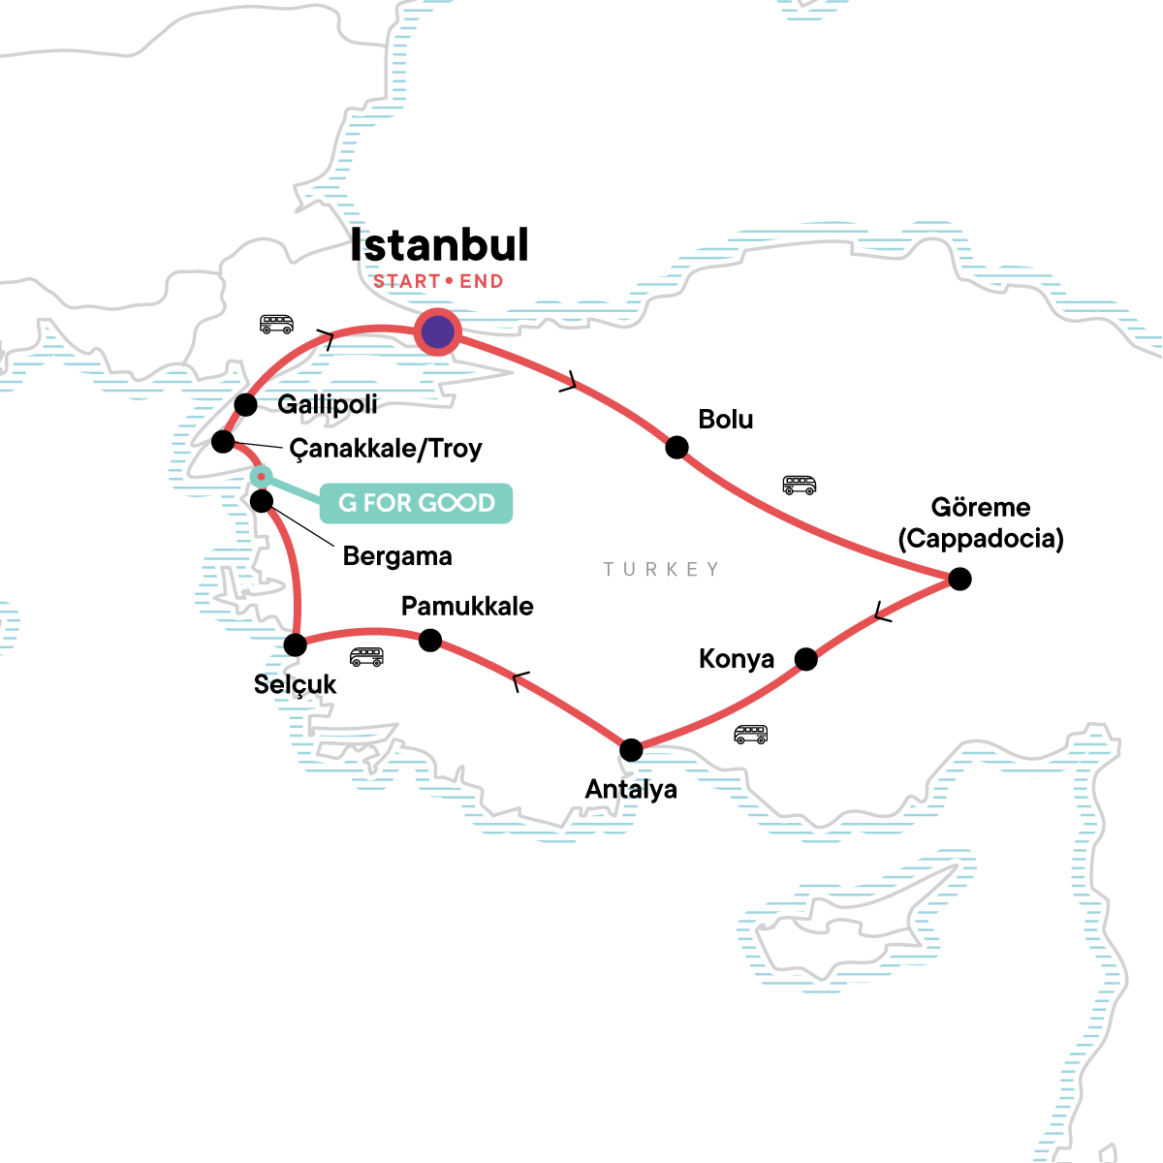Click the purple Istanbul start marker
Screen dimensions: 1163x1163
(438, 332)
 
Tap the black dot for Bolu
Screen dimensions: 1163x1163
(676, 447)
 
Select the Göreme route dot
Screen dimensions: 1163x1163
(959, 579)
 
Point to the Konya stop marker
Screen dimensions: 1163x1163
(805, 659)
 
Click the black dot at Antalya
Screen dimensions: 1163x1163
(631, 749)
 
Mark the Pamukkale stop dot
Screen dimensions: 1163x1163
(430, 641)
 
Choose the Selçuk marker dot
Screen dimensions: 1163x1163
(295, 644)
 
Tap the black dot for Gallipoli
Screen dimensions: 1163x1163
(246, 404)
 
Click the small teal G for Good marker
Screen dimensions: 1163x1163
(261, 476)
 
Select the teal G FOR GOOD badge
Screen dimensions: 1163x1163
(416, 503)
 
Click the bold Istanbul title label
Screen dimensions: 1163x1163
(439, 244)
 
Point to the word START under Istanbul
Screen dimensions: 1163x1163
(407, 282)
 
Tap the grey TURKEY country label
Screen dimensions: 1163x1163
(661, 569)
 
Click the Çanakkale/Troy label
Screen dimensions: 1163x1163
(386, 449)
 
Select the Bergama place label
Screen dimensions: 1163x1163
(397, 556)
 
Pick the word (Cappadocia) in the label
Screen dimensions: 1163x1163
(981, 539)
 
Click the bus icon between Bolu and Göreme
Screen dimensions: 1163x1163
(799, 485)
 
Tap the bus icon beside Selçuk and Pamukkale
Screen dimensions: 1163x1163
(366, 657)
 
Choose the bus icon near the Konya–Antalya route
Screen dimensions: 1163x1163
(750, 734)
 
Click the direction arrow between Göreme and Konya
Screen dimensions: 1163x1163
(881, 613)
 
